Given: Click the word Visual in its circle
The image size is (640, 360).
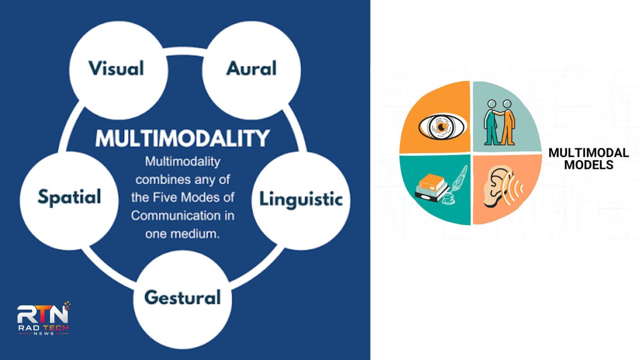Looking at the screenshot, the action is click(x=116, y=68).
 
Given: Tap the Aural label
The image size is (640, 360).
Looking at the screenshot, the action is click(x=252, y=68).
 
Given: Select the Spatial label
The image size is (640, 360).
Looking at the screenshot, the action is click(x=70, y=197).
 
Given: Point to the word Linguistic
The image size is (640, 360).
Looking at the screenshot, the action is click(x=301, y=199).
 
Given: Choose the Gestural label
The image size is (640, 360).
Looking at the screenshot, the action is click(x=182, y=298).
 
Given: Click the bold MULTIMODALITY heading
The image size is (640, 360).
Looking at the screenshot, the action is click(x=182, y=138).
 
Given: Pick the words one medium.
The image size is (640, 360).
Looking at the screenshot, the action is click(x=182, y=234).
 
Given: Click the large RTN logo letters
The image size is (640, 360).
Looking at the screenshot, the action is click(x=43, y=314).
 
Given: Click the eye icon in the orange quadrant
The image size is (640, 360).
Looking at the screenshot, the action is click(x=442, y=127).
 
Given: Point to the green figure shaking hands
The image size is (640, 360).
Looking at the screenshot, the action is click(x=492, y=122).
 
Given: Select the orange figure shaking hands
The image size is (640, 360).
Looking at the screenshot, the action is click(x=508, y=122).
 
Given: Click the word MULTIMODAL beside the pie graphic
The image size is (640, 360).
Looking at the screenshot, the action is click(x=588, y=153).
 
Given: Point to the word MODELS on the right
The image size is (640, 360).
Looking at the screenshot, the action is click(x=588, y=165).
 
